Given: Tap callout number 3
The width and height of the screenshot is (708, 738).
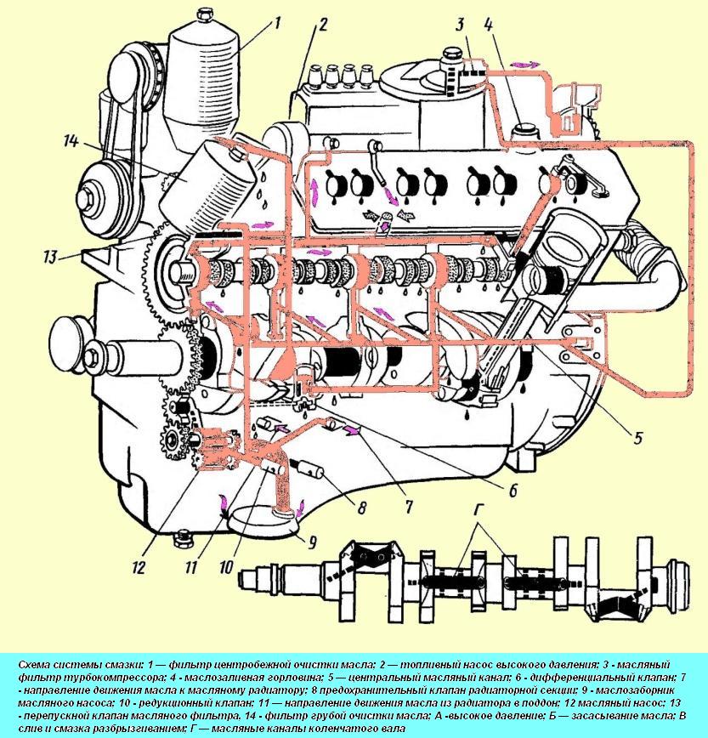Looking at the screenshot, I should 460,24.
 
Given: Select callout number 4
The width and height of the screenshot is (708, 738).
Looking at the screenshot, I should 488,24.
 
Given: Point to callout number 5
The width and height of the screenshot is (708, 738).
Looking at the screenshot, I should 637,440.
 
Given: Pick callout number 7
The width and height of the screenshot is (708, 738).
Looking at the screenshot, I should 408,508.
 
